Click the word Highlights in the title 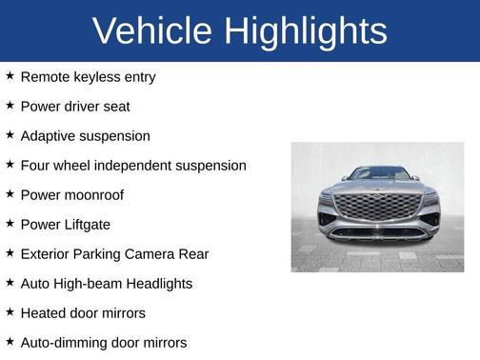pyautogui.click(x=307, y=31)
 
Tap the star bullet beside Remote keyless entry pyautogui.click(x=10, y=75)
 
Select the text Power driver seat pyautogui.click(x=74, y=106)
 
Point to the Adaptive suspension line pyautogui.click(x=85, y=135)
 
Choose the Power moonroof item pyautogui.click(x=71, y=194)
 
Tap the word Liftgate pyautogui.click(x=84, y=224)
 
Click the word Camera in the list pyautogui.click(x=159, y=253)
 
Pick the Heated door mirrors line pyautogui.click(x=82, y=312)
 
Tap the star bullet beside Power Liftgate pyautogui.click(x=10, y=223)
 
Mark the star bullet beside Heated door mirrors pyautogui.click(x=10, y=311)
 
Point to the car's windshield pyautogui.click(x=377, y=173)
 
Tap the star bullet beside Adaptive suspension pyautogui.click(x=10, y=134)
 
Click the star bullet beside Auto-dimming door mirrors pyautogui.click(x=10, y=341)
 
